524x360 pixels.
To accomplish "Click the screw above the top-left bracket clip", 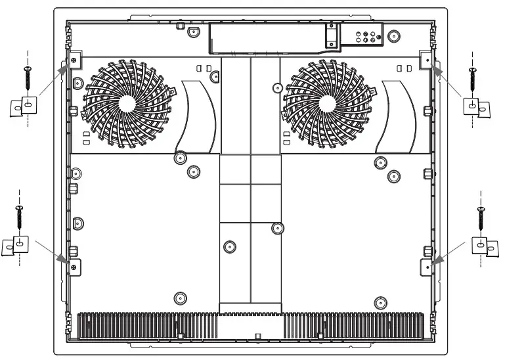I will pos(28,78).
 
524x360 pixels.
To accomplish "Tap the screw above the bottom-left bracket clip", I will pos(19,217).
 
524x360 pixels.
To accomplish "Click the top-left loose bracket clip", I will pos(24,106).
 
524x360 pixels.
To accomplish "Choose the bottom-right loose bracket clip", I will pos(485,246).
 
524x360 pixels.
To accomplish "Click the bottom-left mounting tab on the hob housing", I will pos(74,267).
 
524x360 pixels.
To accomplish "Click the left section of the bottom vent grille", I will pos(148,325).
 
